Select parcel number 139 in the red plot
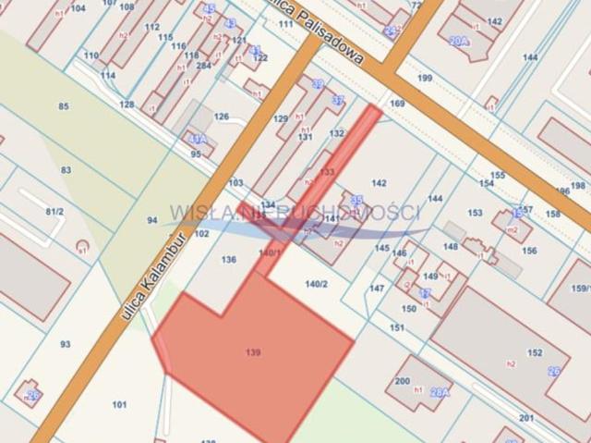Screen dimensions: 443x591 (253, 352)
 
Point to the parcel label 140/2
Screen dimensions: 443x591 (316, 284)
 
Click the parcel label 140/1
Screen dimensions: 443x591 (270, 252)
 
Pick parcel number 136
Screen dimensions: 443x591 (229, 260)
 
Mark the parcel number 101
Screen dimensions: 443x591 (119, 404)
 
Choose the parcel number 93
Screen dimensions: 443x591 (65, 344)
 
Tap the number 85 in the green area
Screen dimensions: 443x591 (64, 106)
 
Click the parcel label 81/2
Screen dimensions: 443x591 (54, 212)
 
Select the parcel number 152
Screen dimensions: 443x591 (535, 352)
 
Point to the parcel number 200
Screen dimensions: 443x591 (402, 380)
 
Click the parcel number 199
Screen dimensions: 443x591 (425, 78)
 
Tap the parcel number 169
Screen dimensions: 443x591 (397, 104)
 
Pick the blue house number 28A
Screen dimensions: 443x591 (440, 392)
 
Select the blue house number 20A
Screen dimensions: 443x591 (459, 42)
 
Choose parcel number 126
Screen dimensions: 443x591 (222, 117)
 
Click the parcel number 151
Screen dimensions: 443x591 (397, 327)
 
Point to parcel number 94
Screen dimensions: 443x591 (152, 220)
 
